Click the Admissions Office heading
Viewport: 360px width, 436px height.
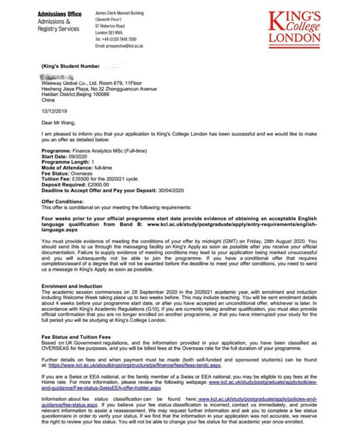point(60,14)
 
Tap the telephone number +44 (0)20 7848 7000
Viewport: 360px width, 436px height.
point(120,39)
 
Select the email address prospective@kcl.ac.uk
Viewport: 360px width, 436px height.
point(128,46)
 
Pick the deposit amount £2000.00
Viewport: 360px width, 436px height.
point(99,186)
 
